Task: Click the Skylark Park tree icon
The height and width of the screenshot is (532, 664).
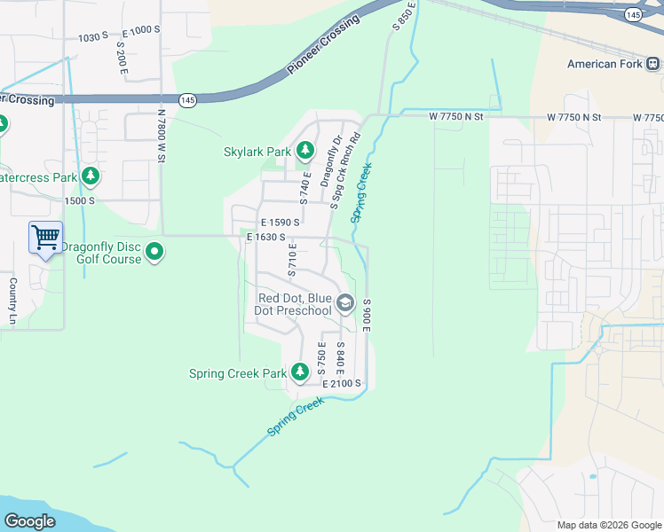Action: pos(305,152)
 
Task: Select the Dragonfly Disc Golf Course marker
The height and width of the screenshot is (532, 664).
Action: pos(154,253)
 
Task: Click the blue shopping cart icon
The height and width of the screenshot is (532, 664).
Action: pos(45,238)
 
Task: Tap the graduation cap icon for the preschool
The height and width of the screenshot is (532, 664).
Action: pos(345,304)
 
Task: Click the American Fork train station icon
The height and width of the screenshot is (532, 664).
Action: pos(653,64)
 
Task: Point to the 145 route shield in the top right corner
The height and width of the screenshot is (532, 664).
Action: pos(633,15)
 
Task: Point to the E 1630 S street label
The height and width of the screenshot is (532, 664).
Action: pos(267,237)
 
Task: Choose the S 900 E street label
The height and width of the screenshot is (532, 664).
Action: pos(366,315)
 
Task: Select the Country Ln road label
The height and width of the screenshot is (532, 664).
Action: pos(13,301)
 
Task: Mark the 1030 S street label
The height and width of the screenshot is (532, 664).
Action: pos(92,36)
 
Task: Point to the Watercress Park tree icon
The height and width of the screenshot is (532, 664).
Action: pos(90,177)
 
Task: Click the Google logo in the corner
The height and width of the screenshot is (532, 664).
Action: pos(29,521)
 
